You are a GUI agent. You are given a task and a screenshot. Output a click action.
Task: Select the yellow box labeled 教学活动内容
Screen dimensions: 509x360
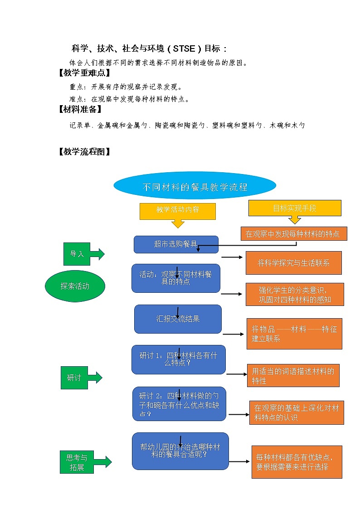(x=178, y=210)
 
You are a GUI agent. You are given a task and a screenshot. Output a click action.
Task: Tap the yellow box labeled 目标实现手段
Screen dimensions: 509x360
(x=294, y=208)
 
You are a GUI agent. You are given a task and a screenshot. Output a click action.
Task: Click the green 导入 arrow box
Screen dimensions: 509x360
(x=77, y=254)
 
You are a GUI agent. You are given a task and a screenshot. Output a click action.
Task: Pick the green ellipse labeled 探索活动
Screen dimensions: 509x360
(x=75, y=286)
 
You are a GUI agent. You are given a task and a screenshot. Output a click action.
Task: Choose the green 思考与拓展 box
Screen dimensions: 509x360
(x=77, y=462)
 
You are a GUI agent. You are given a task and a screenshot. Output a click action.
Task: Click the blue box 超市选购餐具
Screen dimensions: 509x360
(x=176, y=244)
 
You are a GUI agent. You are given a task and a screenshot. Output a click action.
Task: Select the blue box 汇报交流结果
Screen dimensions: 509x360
(x=178, y=319)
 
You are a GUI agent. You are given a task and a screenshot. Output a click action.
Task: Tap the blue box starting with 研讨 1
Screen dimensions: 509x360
(x=178, y=359)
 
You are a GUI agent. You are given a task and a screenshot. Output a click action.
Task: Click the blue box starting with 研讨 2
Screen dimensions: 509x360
(x=179, y=403)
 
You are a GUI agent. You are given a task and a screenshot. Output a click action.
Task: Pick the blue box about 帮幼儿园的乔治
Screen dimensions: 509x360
(x=180, y=451)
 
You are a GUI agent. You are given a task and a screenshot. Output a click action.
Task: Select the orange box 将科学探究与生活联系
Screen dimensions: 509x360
(x=293, y=263)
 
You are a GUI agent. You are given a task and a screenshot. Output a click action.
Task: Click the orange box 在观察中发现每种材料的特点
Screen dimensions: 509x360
(x=293, y=234)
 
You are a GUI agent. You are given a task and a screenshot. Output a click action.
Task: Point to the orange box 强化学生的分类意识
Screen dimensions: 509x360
(x=294, y=295)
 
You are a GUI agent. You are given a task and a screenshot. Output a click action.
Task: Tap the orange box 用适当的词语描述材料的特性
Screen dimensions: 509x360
(x=293, y=376)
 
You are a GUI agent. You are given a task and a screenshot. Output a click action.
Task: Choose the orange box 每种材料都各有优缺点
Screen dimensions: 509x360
(x=297, y=462)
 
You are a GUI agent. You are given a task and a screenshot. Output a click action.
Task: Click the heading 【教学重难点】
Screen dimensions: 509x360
(x=84, y=73)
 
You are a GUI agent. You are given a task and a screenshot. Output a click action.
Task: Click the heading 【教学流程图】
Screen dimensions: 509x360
(x=84, y=152)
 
